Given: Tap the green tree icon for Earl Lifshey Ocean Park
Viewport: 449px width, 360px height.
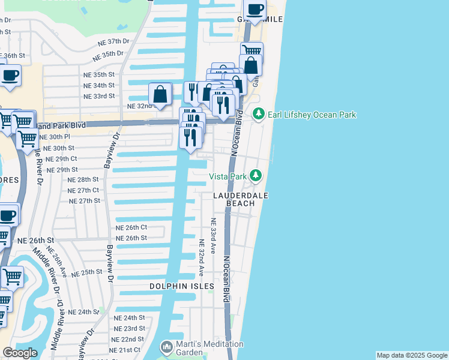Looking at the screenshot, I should (258, 113).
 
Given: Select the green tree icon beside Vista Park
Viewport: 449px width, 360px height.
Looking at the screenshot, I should (256, 176).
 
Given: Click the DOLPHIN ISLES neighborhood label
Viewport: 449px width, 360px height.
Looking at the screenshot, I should (182, 287).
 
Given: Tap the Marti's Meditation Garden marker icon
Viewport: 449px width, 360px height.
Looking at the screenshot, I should (166, 347).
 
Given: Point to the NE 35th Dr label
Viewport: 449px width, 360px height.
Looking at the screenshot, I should (107, 56).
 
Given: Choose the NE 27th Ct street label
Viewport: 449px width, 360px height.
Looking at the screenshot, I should (83, 190).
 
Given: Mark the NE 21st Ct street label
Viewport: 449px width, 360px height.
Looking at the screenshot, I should (125, 350).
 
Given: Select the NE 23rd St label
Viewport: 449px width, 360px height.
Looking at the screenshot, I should (130, 328).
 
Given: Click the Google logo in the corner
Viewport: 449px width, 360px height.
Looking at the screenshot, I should (20, 352).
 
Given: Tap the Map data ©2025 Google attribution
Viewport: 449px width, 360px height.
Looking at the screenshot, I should (411, 355).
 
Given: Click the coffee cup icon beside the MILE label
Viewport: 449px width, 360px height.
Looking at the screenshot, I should (255, 10).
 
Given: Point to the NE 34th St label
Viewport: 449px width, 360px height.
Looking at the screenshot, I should (99, 85).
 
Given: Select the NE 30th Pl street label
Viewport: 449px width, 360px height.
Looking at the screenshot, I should (62, 137).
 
